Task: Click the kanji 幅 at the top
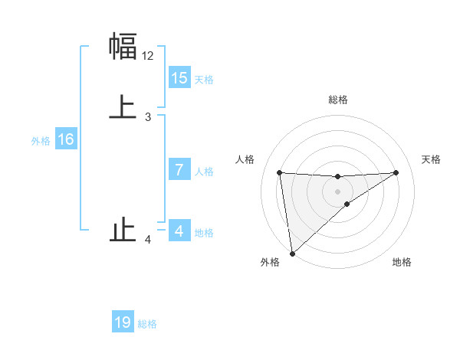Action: point(123,47)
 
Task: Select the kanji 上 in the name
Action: point(123,107)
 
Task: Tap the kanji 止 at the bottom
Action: point(123,231)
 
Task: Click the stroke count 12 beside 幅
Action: point(148,56)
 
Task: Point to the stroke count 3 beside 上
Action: point(148,117)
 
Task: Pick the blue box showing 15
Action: point(179,77)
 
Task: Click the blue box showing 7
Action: point(179,170)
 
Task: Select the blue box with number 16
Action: point(66,139)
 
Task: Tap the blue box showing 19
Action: point(123,322)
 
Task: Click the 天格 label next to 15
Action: point(204,80)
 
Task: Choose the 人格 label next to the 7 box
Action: point(204,172)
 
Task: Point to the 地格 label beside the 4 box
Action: point(204,233)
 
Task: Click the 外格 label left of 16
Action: point(41,141)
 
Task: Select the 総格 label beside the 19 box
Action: point(147,324)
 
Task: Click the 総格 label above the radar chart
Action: point(338,100)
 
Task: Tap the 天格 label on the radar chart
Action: point(432,159)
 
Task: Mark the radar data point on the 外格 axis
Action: point(292,254)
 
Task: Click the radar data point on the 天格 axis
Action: point(396,172)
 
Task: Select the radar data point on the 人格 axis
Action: point(279,172)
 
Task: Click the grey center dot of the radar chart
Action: point(338,191)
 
